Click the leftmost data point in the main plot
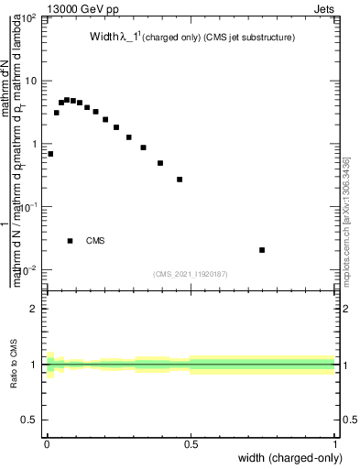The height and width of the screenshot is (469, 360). (50, 154)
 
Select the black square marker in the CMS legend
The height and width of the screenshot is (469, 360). (70, 241)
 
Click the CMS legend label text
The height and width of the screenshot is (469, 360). (95, 241)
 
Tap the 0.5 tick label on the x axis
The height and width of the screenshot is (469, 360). (191, 442)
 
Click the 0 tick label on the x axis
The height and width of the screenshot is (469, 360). (46, 442)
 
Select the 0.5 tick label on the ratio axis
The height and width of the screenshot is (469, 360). (30, 420)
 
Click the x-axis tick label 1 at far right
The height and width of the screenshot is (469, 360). (336, 442)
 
